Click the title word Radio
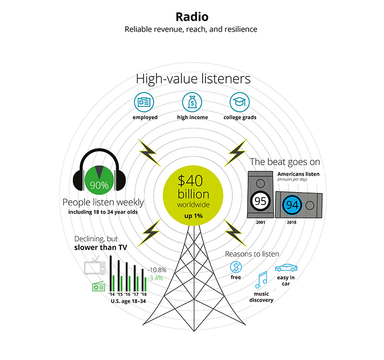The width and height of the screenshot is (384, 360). tap(192, 17)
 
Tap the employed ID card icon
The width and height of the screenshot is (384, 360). tap(144, 102)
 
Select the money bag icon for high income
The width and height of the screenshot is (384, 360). tap(192, 102)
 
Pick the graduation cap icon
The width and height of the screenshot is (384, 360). tap(240, 102)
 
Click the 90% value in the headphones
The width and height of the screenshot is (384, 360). tap(99, 185)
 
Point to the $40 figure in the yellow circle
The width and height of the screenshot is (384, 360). tap(190, 180)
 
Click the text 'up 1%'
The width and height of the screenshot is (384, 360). tap(193, 216)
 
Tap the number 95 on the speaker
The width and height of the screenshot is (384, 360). tap(260, 201)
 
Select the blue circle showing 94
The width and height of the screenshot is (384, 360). tap(292, 205)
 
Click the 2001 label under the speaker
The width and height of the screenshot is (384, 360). tap(261, 222)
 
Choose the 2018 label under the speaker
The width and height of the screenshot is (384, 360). tap(292, 222)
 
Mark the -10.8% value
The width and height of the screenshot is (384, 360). tap(157, 270)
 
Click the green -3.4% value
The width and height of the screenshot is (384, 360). tap(155, 278)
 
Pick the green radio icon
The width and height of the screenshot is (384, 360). tap(99, 287)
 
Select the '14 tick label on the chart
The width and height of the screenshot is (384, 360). tap(112, 294)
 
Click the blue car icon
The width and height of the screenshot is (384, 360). tap(286, 268)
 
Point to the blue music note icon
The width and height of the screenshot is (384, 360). tap(261, 280)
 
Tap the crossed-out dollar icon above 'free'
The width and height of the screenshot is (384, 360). tap(236, 267)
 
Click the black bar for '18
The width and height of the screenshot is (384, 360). tap(143, 280)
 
